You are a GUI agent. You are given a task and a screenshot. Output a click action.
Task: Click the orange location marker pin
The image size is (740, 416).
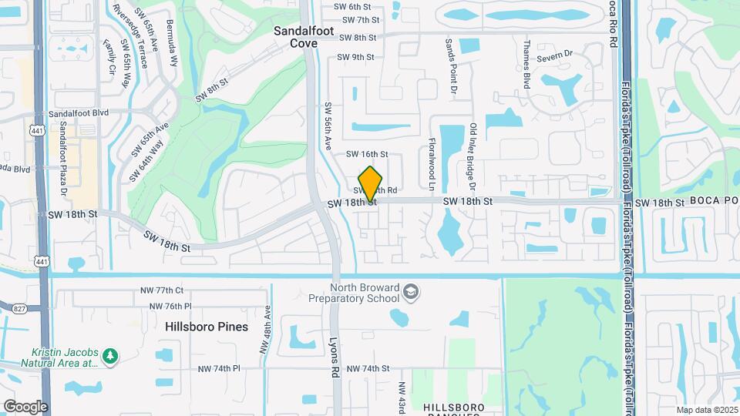coord(371,183)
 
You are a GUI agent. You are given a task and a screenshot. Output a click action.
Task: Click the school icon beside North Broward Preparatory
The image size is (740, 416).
coord(412,292)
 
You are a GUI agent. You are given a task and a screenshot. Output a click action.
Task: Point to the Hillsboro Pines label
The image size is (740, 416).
coord(207,327)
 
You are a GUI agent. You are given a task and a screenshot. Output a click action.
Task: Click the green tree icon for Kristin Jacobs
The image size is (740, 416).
coord(111,356)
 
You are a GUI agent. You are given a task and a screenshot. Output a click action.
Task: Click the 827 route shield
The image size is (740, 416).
coord(18,308)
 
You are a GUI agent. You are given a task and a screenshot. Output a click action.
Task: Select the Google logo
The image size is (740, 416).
coord(25,406)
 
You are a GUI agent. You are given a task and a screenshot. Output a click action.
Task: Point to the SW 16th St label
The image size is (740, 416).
coord(366,155)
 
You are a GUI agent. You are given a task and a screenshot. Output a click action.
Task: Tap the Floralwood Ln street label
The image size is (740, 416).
coord(432,164)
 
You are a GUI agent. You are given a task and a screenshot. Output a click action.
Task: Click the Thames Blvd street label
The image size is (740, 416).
coord(528,65)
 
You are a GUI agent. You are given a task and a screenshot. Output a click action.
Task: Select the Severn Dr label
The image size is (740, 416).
coord(559,54)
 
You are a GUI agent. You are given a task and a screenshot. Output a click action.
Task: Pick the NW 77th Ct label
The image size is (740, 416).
coord(162,290)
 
